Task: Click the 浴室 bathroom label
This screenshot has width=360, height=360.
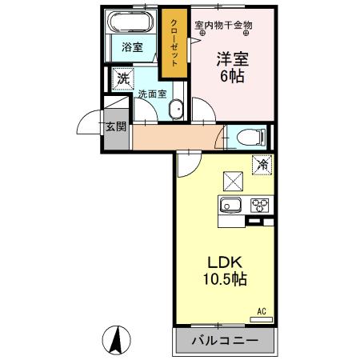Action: tap(131, 48)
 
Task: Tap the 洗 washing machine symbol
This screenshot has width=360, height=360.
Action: tap(122, 78)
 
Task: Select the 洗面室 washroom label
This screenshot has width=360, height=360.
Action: tap(151, 94)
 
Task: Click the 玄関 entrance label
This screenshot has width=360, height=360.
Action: tap(115, 126)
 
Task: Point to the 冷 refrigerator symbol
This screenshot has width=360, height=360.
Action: tap(262, 166)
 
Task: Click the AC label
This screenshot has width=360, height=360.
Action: tap(261, 311)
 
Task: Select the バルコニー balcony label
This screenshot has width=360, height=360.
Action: tap(224, 342)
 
